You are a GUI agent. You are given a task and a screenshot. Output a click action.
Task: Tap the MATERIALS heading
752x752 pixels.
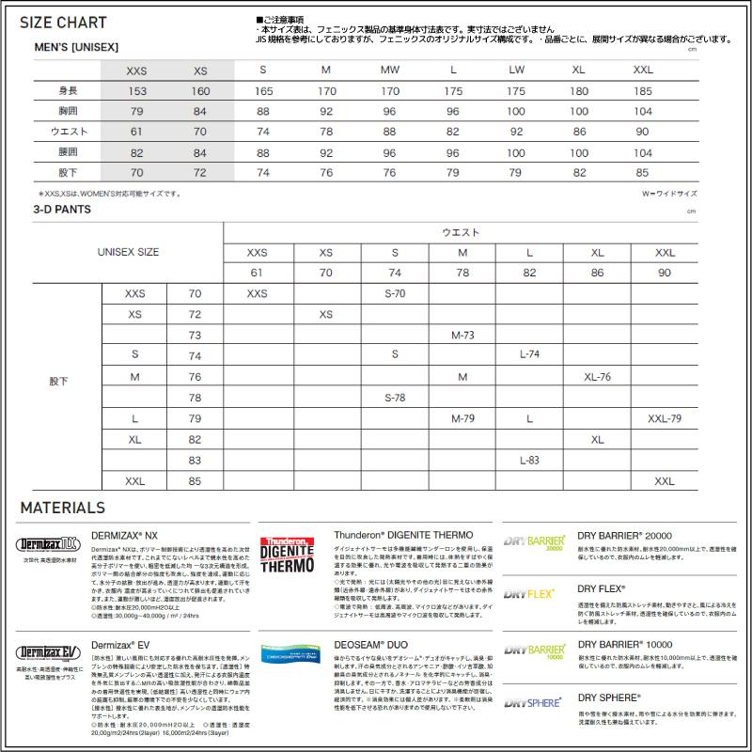point(62,508)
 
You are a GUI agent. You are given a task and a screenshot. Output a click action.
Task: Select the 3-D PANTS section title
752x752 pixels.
point(62,210)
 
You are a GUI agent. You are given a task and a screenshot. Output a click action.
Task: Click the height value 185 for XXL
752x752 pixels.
point(643,91)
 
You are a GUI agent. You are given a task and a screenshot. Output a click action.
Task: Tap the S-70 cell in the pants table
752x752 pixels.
point(395,294)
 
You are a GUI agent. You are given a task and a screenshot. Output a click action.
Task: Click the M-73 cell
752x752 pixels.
point(462,336)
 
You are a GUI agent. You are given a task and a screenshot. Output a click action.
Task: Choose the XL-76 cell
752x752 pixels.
point(597,377)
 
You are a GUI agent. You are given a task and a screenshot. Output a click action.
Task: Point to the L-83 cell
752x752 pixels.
point(529,461)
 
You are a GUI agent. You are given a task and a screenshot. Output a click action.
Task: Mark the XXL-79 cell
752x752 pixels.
point(665,418)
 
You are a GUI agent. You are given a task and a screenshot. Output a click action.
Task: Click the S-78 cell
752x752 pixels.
point(395,398)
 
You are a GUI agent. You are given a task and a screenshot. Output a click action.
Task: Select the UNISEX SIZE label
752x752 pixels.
point(128,252)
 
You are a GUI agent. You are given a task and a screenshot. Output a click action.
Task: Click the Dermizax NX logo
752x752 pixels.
point(46,542)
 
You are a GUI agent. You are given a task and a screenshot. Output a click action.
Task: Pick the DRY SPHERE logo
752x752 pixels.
point(533,701)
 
